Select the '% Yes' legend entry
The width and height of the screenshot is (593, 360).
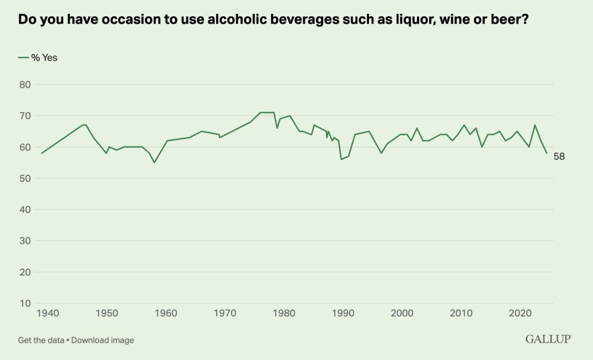pos(38,57)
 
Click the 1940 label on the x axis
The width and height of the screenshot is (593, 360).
pos(47,313)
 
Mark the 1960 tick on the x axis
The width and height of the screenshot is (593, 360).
pos(166,313)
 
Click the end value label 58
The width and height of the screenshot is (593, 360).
pos(559,156)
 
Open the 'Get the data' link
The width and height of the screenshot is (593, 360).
pos(41,340)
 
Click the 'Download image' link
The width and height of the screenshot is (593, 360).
pos(103,340)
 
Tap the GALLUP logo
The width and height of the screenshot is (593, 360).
pos(548,339)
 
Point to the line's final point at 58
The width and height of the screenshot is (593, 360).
pos(547,153)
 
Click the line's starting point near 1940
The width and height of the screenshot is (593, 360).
pos(42,153)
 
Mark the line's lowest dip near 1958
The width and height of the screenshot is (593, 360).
pos(154,163)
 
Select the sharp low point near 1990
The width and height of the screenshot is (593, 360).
pos(341,159)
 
